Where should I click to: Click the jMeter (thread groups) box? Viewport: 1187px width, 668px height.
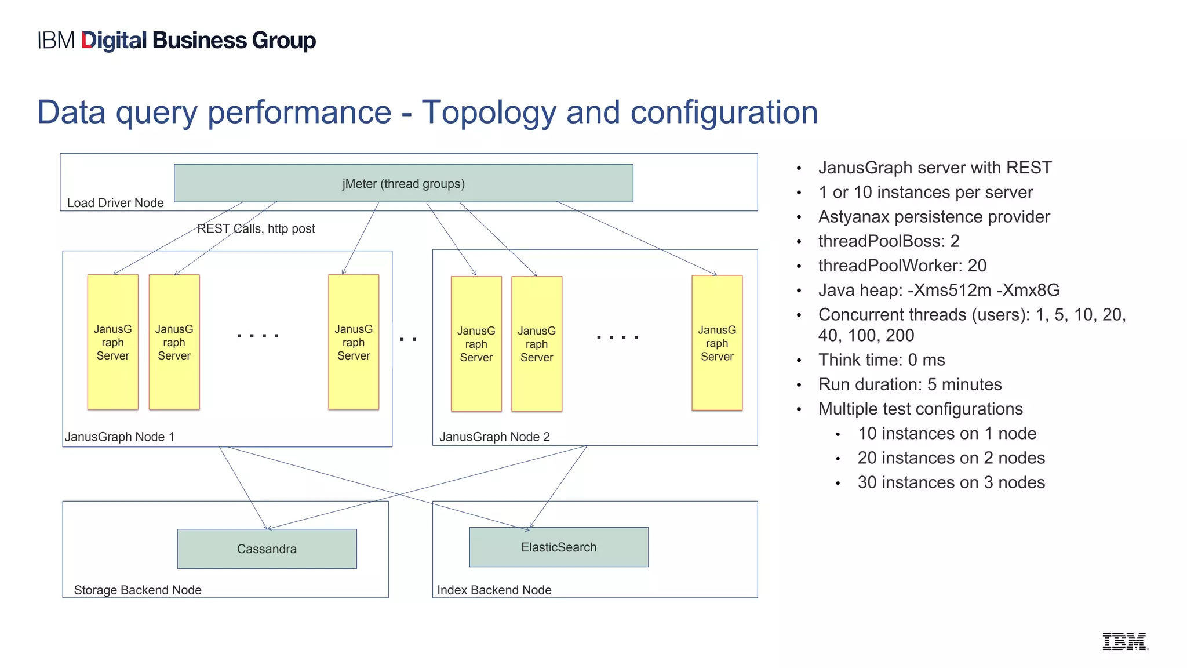[403, 183]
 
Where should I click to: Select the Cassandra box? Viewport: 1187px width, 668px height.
[267, 549]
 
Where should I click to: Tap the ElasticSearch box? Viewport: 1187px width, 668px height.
[559, 547]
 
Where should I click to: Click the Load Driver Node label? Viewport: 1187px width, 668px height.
[115, 203]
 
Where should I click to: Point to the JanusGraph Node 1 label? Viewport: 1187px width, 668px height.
[119, 437]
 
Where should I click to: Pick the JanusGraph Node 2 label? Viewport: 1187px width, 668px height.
[494, 437]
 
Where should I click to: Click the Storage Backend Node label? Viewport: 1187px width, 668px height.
[137, 590]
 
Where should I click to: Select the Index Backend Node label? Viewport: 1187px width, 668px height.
[494, 590]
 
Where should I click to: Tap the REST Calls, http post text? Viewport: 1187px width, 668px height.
[256, 228]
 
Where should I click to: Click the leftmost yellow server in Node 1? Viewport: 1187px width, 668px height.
[113, 342]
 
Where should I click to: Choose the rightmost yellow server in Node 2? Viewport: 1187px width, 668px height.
[717, 343]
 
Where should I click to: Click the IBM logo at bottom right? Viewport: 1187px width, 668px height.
[1124, 641]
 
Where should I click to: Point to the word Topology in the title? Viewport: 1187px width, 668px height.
[489, 112]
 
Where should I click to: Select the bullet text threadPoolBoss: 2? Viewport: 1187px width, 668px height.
[889, 241]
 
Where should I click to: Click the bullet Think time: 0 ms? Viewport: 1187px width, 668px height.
[881, 360]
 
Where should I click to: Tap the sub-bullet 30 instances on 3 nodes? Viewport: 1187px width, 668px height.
[951, 482]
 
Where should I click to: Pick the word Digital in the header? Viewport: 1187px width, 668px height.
[114, 41]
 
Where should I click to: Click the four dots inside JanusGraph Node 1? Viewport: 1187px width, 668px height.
[258, 336]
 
